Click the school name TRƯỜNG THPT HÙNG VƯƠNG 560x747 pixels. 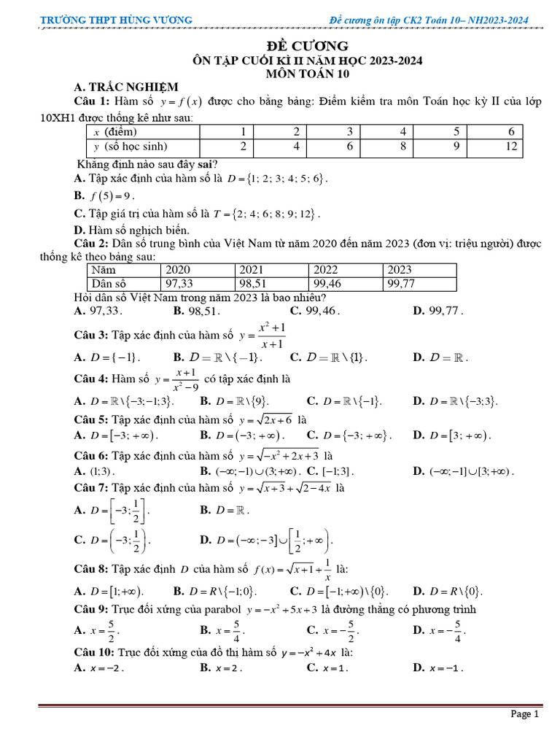point(116,20)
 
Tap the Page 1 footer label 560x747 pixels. point(524,714)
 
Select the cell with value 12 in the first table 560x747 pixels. point(510,146)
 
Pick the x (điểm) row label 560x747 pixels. point(115,131)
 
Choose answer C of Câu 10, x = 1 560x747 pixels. point(328,667)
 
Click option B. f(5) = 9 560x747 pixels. point(105,196)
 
